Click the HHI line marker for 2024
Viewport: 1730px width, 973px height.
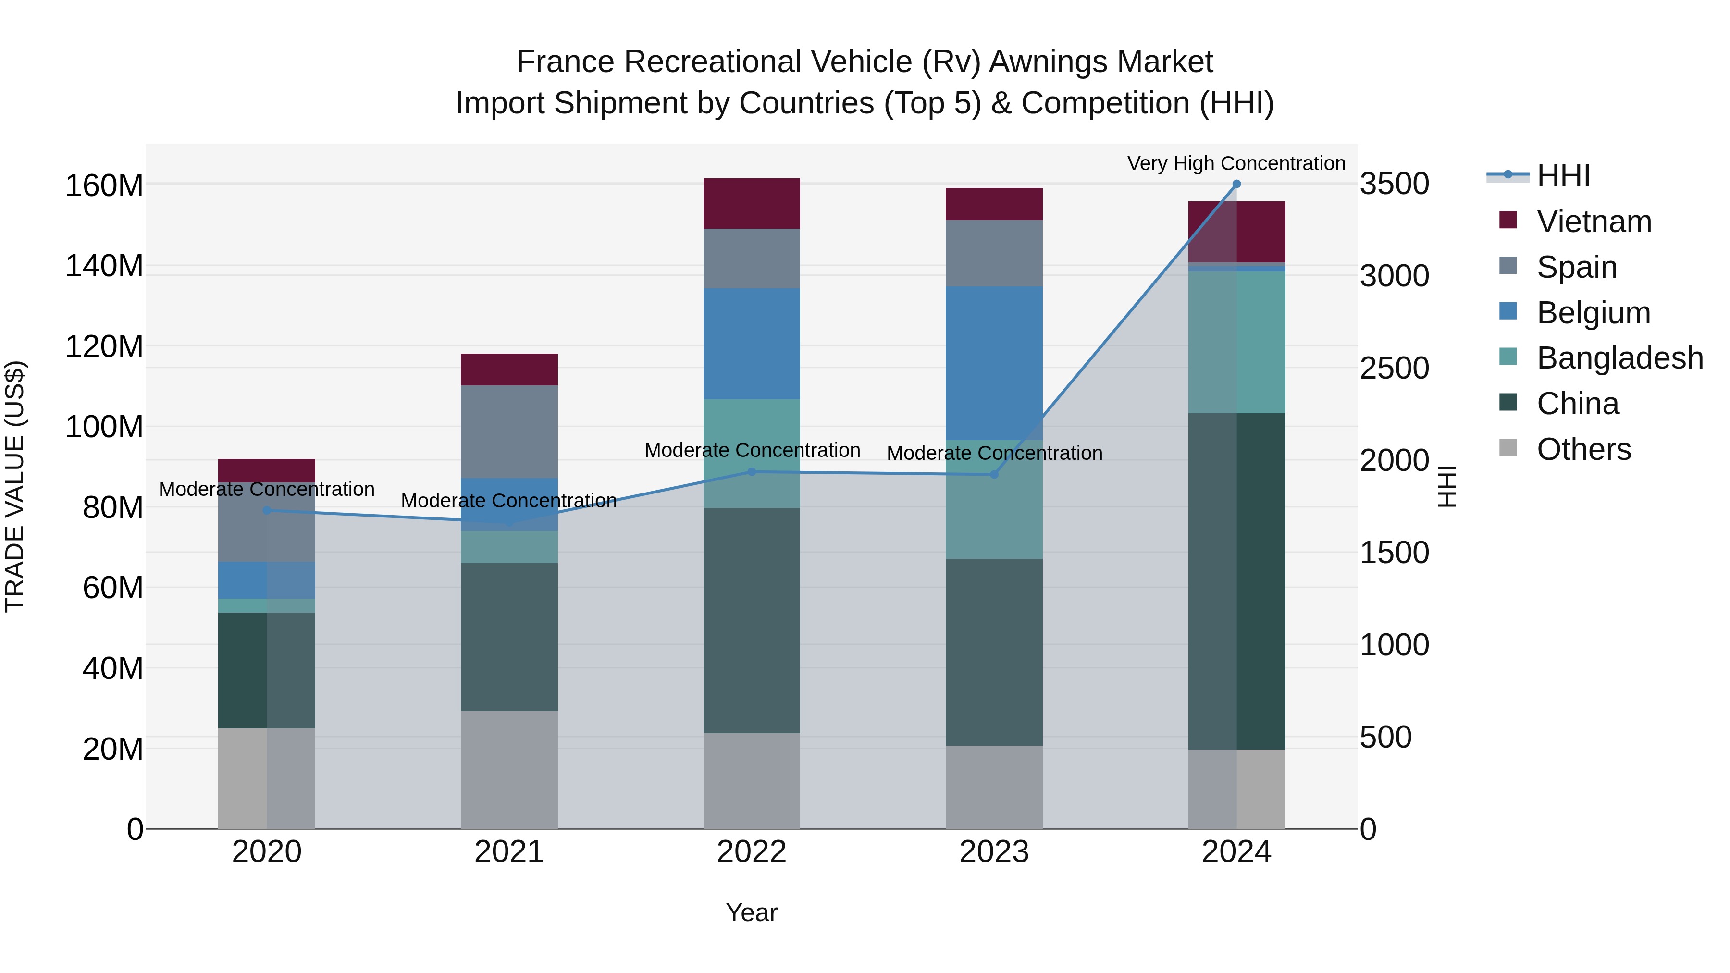click(1236, 184)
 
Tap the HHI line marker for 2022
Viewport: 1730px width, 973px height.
click(752, 472)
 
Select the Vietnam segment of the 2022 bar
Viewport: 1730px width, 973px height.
click(752, 203)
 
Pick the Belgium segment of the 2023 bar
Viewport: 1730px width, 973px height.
click(994, 363)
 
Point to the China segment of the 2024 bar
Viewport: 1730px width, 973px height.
click(1236, 581)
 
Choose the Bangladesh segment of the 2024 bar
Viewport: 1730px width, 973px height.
click(1236, 343)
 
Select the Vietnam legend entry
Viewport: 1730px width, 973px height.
click(1594, 222)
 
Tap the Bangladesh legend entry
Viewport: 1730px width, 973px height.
click(1619, 358)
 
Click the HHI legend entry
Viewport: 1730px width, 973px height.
click(1563, 176)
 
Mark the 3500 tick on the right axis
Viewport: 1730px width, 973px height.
click(1394, 184)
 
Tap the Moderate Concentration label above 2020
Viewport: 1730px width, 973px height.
click(267, 490)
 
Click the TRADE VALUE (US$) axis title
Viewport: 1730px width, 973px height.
click(15, 486)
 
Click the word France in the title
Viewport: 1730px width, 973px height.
click(566, 62)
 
